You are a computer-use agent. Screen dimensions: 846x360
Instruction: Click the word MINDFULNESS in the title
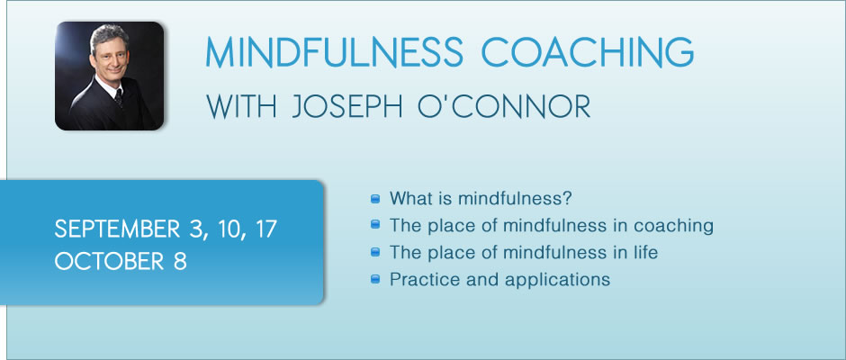click(x=334, y=52)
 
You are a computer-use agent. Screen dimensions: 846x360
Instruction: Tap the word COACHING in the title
click(x=587, y=52)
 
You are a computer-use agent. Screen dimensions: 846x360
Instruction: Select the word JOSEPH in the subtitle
click(x=346, y=107)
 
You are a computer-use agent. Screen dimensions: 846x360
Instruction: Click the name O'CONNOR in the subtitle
click(x=505, y=107)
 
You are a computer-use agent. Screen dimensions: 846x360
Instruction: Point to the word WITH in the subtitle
click(x=241, y=107)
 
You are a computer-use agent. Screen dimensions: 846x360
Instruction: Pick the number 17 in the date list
click(x=266, y=229)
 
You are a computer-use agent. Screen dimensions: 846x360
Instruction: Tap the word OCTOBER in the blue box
click(x=109, y=262)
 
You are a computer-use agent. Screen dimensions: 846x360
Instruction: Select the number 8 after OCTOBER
click(x=180, y=262)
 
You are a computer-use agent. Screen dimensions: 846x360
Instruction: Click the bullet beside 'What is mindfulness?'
click(x=375, y=199)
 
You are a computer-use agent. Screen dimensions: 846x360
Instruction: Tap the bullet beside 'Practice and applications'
click(x=375, y=280)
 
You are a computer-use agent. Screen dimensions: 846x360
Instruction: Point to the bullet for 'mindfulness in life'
click(x=375, y=252)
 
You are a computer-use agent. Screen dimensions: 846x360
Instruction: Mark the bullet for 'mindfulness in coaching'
click(x=375, y=224)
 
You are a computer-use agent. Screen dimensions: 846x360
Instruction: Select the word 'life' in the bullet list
click(x=646, y=252)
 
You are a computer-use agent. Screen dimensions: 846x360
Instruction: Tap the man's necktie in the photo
click(x=119, y=98)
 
